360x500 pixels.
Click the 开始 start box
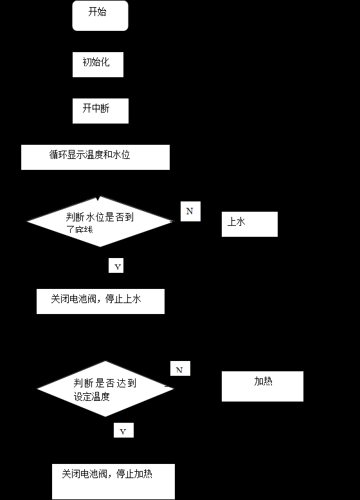tap(100, 15)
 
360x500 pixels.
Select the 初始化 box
tap(98, 64)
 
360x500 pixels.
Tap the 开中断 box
tap(100, 111)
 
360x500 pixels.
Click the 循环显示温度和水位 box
tap(95, 157)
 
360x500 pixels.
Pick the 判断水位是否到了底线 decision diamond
tap(100, 221)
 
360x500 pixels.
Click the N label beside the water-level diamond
tap(190, 211)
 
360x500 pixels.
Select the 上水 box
tap(249, 224)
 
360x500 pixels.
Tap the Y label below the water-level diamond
tap(116, 265)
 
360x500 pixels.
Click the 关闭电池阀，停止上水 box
tap(100, 301)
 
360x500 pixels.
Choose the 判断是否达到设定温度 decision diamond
tap(105, 389)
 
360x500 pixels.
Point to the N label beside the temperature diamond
tap(180, 369)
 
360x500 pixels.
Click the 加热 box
tap(262, 386)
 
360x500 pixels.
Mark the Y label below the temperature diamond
tap(123, 431)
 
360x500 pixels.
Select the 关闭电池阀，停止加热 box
tap(113, 481)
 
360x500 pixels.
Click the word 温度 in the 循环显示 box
tap(92, 154)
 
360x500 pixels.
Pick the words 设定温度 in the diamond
tap(92, 396)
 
